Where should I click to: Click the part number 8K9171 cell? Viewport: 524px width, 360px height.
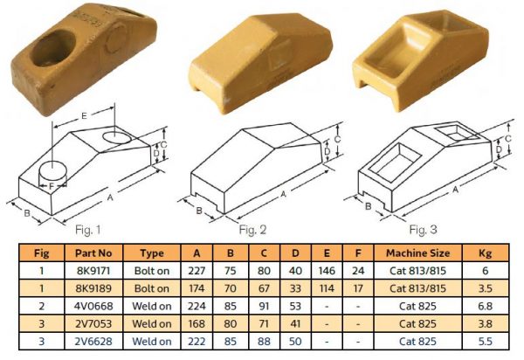pos(93,271)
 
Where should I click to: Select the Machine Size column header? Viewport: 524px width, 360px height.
pos(417,253)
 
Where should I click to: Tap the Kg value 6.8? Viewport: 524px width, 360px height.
pos(486,306)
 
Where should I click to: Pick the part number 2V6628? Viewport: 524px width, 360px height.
pos(93,342)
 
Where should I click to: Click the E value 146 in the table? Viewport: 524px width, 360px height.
pos(327,271)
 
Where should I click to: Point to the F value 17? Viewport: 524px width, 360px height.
pos(358,288)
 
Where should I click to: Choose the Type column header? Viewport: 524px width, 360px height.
pos(152,253)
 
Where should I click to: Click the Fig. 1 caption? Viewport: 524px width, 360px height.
pos(88,230)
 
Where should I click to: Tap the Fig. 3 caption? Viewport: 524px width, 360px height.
pos(423,230)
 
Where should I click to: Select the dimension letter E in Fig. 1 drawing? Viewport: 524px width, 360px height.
pos(84,116)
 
